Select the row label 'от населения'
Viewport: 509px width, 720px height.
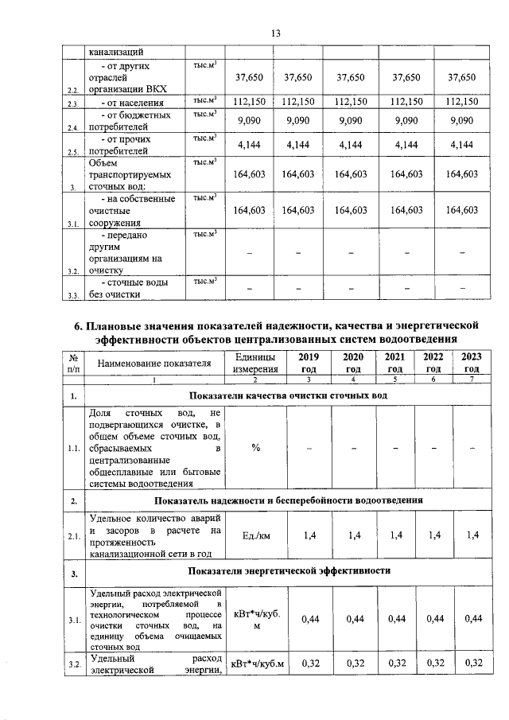[132, 103]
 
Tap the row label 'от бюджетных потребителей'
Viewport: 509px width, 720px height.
[126, 122]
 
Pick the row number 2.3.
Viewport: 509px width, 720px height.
[73, 103]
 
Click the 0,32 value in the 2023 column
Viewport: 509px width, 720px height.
[472, 664]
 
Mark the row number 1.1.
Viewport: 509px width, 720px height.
[73, 448]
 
